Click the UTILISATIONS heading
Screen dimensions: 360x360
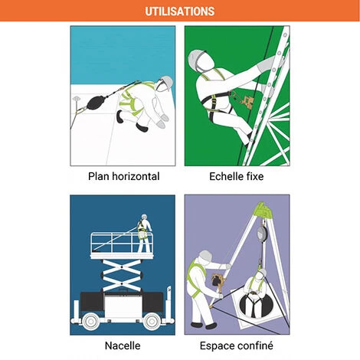pyautogui.click(x=180, y=11)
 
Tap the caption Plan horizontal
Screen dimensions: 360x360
pyautogui.click(x=124, y=176)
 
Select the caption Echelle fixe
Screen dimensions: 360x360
pyautogui.click(x=237, y=176)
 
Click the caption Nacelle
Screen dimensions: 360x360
pyautogui.click(x=123, y=345)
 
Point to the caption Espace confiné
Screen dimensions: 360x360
pyautogui.click(x=237, y=346)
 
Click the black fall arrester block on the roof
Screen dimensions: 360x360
pyautogui.click(x=95, y=102)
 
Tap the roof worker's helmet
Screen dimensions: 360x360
pyautogui.click(x=165, y=83)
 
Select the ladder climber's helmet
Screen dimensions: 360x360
pyautogui.click(x=198, y=58)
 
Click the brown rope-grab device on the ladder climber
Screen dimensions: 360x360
pyautogui.click(x=247, y=101)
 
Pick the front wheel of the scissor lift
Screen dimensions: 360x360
pyautogui.click(x=152, y=321)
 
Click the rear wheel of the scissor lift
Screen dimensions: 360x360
pyautogui.click(x=91, y=321)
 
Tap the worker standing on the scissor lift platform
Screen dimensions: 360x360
pyautogui.click(x=144, y=233)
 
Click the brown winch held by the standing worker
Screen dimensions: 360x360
pyautogui.click(x=218, y=280)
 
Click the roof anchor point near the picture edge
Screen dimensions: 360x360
pyautogui.click(x=77, y=98)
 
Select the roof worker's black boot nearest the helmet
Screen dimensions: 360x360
pyautogui.click(x=141, y=127)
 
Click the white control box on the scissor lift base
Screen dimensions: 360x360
pyautogui.click(x=123, y=304)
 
